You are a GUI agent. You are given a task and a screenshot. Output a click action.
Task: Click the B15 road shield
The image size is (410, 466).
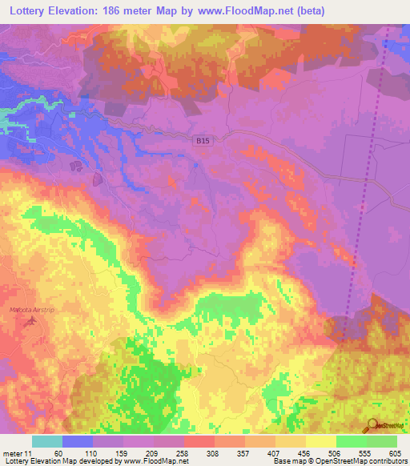(206, 140)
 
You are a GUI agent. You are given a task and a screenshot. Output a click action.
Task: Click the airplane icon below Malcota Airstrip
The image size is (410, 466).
(32, 321)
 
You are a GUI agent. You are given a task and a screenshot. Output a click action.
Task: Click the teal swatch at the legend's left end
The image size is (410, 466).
(47, 441)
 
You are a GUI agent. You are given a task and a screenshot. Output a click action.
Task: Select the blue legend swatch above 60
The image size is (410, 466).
(78, 441)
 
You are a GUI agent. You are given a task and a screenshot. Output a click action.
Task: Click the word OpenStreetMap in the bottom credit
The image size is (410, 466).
(333, 461)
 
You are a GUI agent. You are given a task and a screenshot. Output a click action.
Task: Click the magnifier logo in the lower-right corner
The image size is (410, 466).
(372, 424)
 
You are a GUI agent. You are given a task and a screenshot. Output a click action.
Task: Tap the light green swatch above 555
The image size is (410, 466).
(351, 441)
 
